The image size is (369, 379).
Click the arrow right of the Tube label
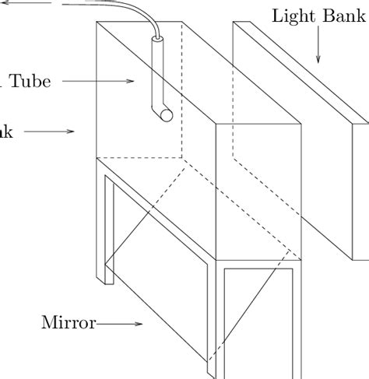(x=100, y=80)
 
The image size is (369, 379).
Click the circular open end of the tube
(x=166, y=115)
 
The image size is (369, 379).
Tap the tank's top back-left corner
(x=96, y=23)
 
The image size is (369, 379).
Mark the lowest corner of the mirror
(x=209, y=363)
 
